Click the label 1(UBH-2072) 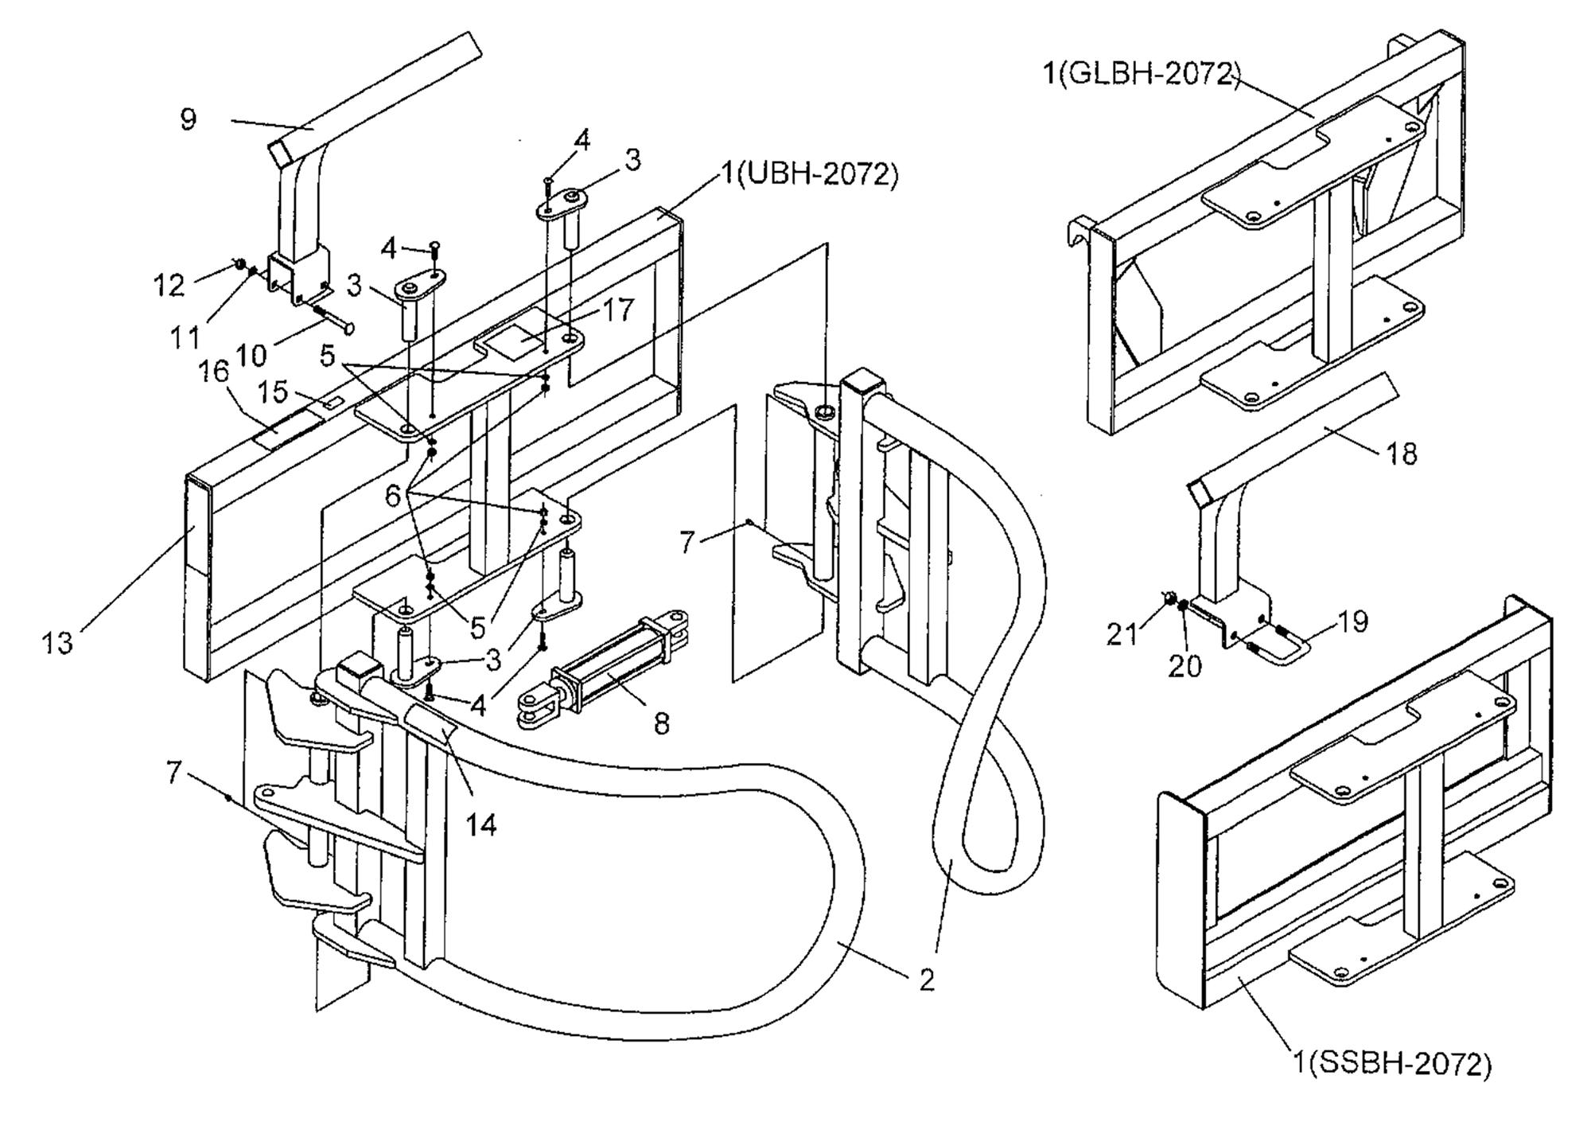click(810, 173)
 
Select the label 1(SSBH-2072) click(1391, 1064)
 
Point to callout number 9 click(188, 119)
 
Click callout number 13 click(57, 643)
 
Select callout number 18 click(1402, 454)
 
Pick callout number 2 click(926, 980)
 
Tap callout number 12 click(169, 285)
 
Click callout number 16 click(214, 372)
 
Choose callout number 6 click(393, 497)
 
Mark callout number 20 click(1184, 665)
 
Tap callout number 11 click(185, 338)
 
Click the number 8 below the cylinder click(662, 723)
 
